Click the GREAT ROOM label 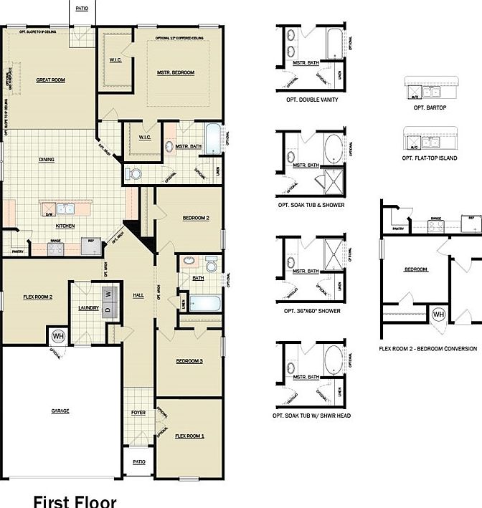(50, 80)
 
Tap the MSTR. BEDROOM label (176, 73)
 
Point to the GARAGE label (60, 411)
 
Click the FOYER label (138, 413)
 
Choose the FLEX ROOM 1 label (190, 436)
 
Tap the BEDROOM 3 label (189, 361)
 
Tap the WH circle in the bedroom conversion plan (438, 315)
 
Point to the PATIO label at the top (82, 8)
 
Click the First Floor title (75, 500)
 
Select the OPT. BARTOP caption (430, 107)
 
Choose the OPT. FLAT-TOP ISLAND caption (430, 158)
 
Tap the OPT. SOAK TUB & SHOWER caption (311, 205)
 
